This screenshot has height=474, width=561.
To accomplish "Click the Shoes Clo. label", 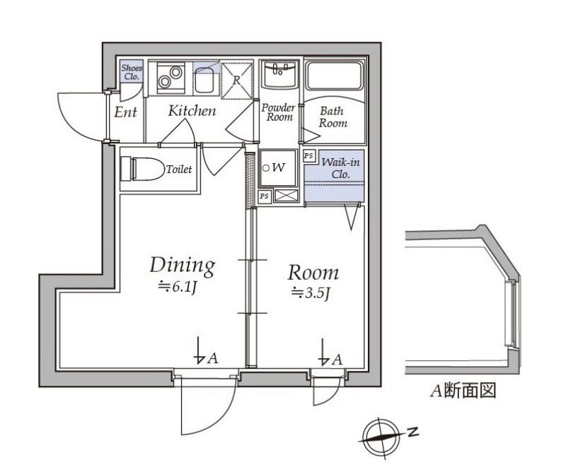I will coord(131,71).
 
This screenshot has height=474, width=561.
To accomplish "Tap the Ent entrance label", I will coord(125,112).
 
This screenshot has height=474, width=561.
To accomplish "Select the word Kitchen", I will coord(192,111).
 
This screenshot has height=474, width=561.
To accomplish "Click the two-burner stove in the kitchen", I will coord(170,77).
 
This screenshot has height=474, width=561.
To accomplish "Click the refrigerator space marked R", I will coord(238,79).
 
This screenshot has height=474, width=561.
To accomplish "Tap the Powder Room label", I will coord(278,112).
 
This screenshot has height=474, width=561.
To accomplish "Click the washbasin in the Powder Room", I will coord(279,73).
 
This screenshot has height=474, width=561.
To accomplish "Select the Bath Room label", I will coord(332,117).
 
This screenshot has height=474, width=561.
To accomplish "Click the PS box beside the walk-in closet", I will coord(308,155).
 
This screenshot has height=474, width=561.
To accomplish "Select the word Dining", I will coord(181,266).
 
